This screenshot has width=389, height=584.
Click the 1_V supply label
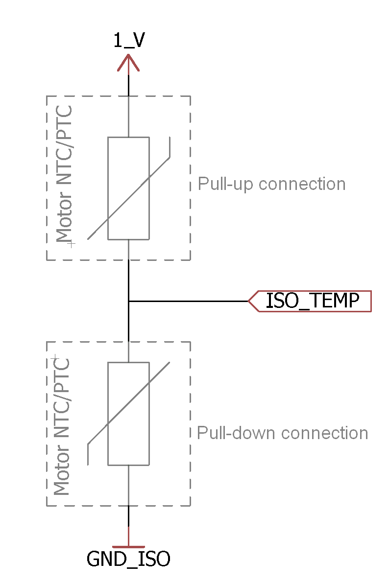click(129, 41)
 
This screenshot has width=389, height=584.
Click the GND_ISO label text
click(128, 559)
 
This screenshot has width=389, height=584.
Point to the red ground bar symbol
click(128, 546)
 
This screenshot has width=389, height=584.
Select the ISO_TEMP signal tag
click(312, 301)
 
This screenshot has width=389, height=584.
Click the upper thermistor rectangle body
click(128, 188)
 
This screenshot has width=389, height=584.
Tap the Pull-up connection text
click(271, 184)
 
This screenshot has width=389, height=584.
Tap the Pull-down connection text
click(282, 433)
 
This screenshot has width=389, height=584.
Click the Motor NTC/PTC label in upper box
click(64, 174)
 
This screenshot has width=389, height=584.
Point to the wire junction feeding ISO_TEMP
click(128, 301)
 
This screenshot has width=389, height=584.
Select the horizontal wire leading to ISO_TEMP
click(189, 301)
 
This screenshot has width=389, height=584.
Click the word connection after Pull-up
click(302, 184)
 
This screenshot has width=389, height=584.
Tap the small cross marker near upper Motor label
click(72, 243)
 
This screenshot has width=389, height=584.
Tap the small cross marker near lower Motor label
click(55, 358)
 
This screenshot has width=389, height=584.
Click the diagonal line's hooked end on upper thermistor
click(170, 147)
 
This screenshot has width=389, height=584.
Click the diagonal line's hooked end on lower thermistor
click(88, 454)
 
